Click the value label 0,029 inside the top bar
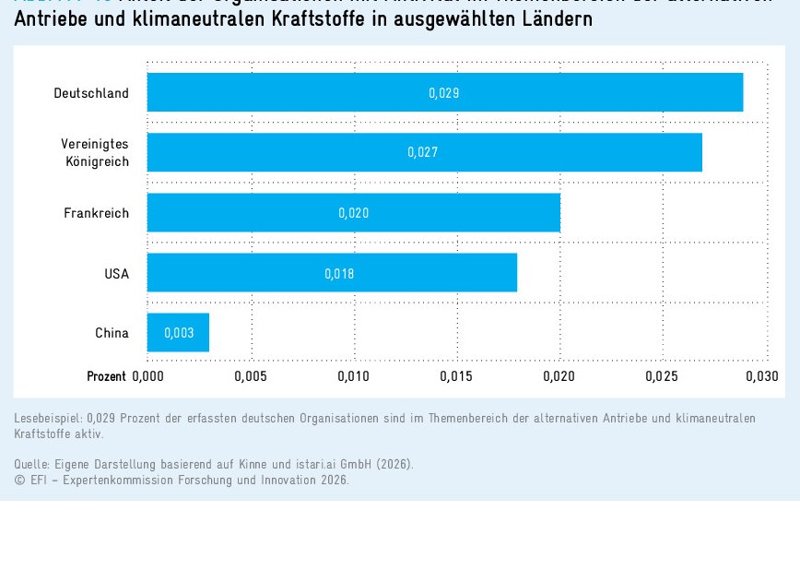443,93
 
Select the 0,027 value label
423,152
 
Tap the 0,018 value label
339,274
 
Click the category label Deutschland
91,93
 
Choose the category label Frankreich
96,213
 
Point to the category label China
112,333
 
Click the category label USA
116,274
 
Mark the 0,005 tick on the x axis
250,376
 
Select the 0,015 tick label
456,376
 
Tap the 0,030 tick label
761,376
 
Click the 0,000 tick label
147,376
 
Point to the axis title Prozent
106,376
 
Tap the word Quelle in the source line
32,464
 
